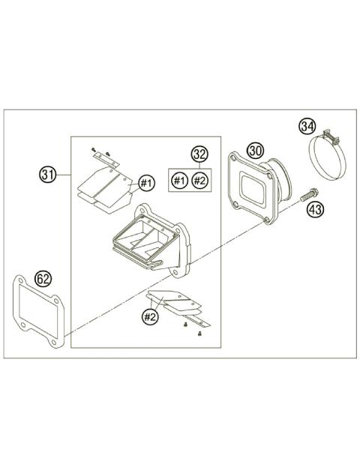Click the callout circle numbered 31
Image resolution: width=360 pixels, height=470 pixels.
point(48,175)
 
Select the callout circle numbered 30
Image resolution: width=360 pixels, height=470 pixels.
point(255,150)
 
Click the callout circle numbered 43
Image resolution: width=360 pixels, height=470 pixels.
point(315,209)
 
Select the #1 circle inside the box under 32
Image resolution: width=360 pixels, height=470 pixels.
point(179,180)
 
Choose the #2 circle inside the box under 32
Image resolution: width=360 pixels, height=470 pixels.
point(199,180)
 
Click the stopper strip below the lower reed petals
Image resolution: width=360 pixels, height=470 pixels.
point(196,323)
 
